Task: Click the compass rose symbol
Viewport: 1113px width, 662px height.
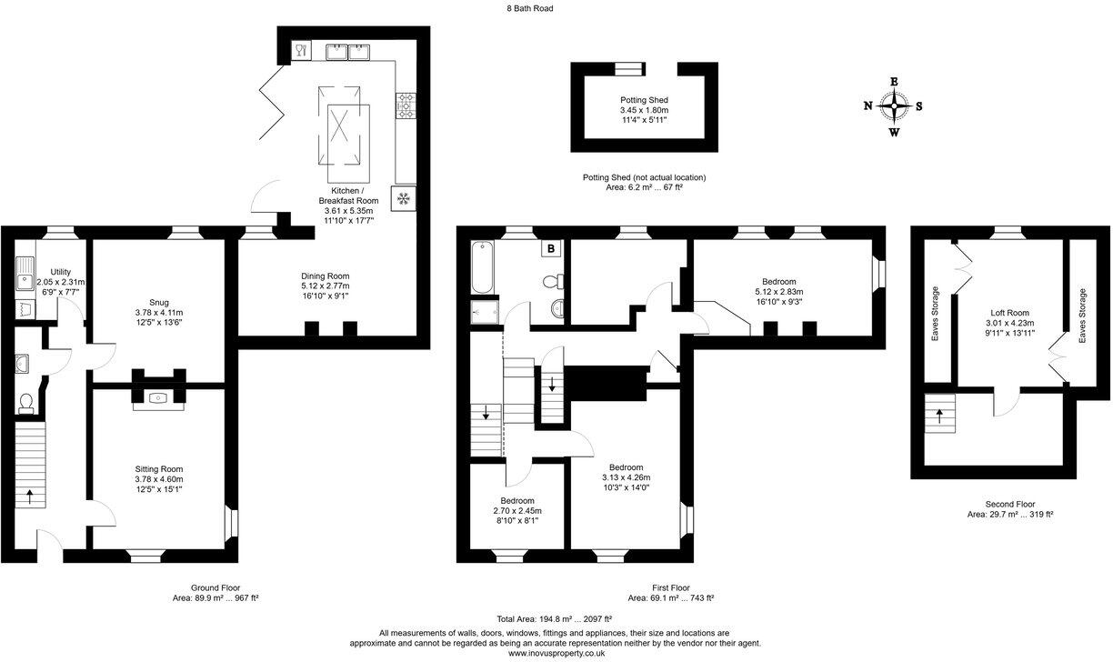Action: (895, 106)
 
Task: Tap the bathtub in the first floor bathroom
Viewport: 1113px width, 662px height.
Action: (481, 267)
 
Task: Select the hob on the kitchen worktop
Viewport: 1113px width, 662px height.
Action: (405, 106)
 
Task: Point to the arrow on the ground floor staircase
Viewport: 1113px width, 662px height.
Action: (30, 496)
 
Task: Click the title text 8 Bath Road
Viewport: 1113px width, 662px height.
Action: (530, 8)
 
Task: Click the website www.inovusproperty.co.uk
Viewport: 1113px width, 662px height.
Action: (556, 653)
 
